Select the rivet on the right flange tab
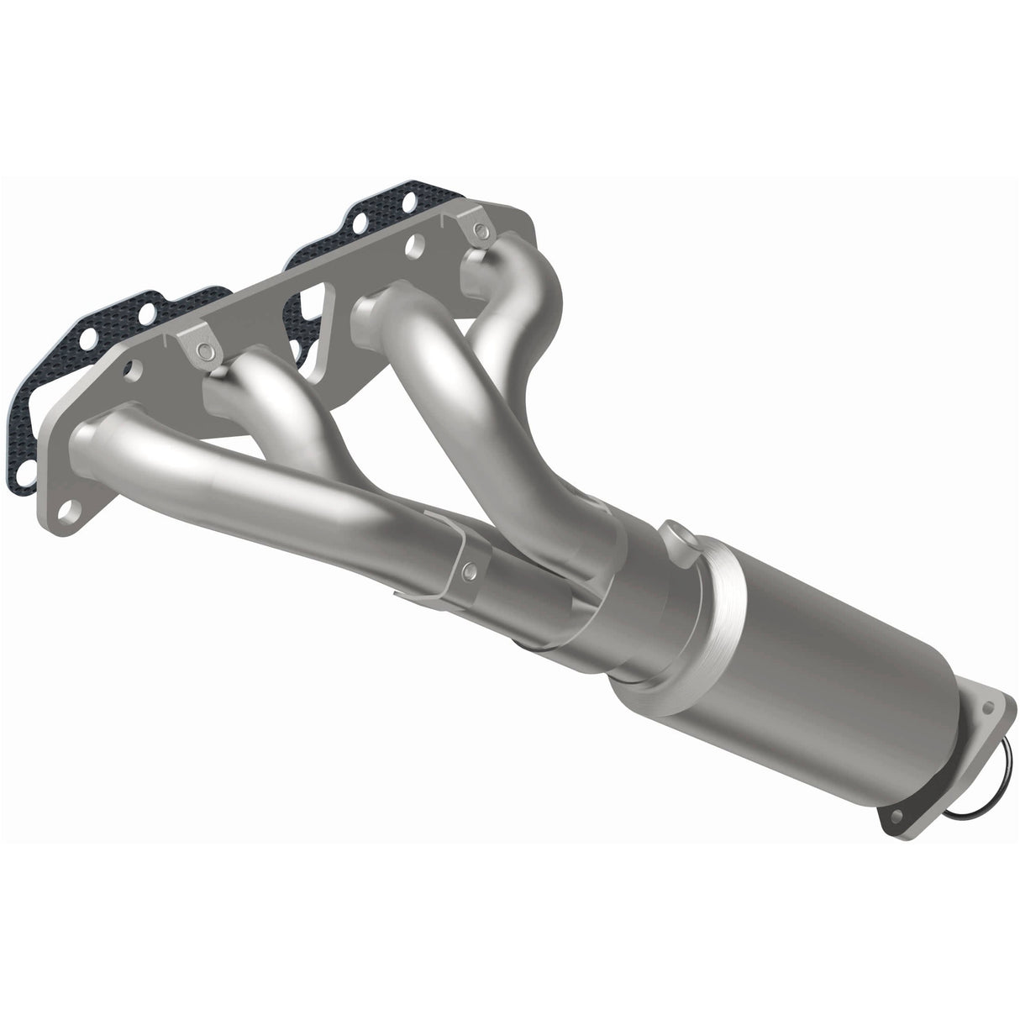click(480, 229)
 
